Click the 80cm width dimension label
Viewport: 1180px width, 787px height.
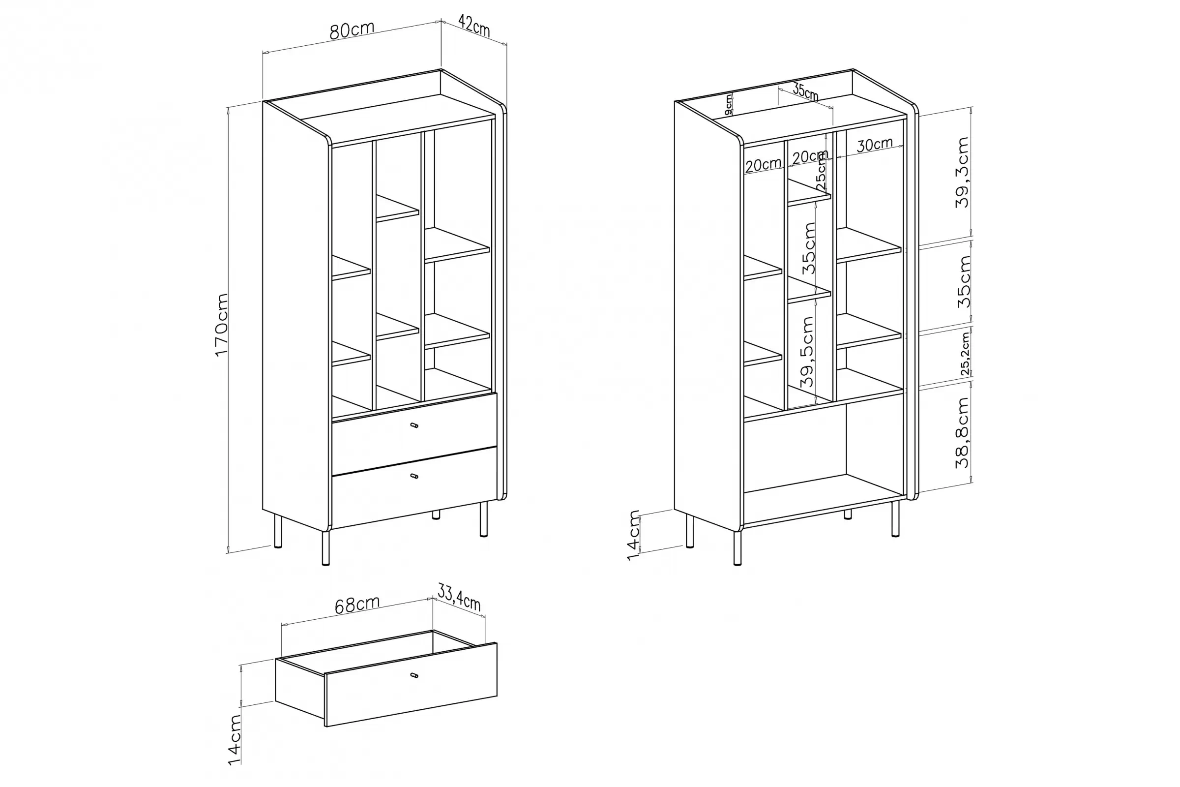[x=352, y=30]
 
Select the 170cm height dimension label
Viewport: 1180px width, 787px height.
[x=221, y=325]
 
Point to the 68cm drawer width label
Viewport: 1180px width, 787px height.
[x=357, y=605]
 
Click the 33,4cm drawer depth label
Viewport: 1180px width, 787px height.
[x=459, y=598]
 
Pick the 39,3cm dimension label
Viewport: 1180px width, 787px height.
[x=962, y=172]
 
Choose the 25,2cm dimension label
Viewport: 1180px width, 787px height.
[x=965, y=353]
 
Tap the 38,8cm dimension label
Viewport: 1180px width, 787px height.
[x=962, y=433]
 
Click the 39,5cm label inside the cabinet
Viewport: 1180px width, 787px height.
[x=807, y=351]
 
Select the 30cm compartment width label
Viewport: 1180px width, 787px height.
[x=875, y=145]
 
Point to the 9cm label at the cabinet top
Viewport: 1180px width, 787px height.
[x=729, y=104]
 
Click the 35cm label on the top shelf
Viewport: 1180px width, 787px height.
[x=806, y=92]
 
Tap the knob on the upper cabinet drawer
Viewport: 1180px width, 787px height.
[x=414, y=425]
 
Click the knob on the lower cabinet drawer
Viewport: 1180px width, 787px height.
[x=414, y=476]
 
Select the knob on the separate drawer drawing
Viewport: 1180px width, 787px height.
[x=414, y=675]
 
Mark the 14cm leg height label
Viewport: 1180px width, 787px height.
[x=634, y=535]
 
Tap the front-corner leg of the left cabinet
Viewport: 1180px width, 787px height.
[x=325, y=548]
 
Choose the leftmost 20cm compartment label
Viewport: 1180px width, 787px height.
[x=763, y=165]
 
